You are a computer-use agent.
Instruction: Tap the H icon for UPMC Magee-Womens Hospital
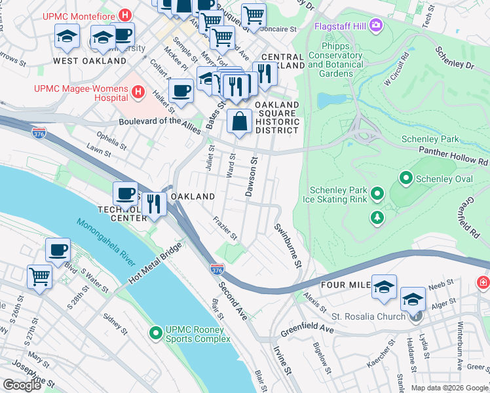(138, 92)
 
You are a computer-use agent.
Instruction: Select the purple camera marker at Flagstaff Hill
(376, 26)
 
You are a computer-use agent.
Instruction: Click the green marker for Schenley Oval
(406, 178)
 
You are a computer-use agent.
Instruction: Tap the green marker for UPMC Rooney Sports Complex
(156, 333)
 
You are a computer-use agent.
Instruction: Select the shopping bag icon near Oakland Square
(240, 122)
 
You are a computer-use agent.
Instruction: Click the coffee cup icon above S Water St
(58, 250)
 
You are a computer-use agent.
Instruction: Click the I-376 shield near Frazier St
(217, 269)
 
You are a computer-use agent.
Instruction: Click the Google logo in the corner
(22, 385)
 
